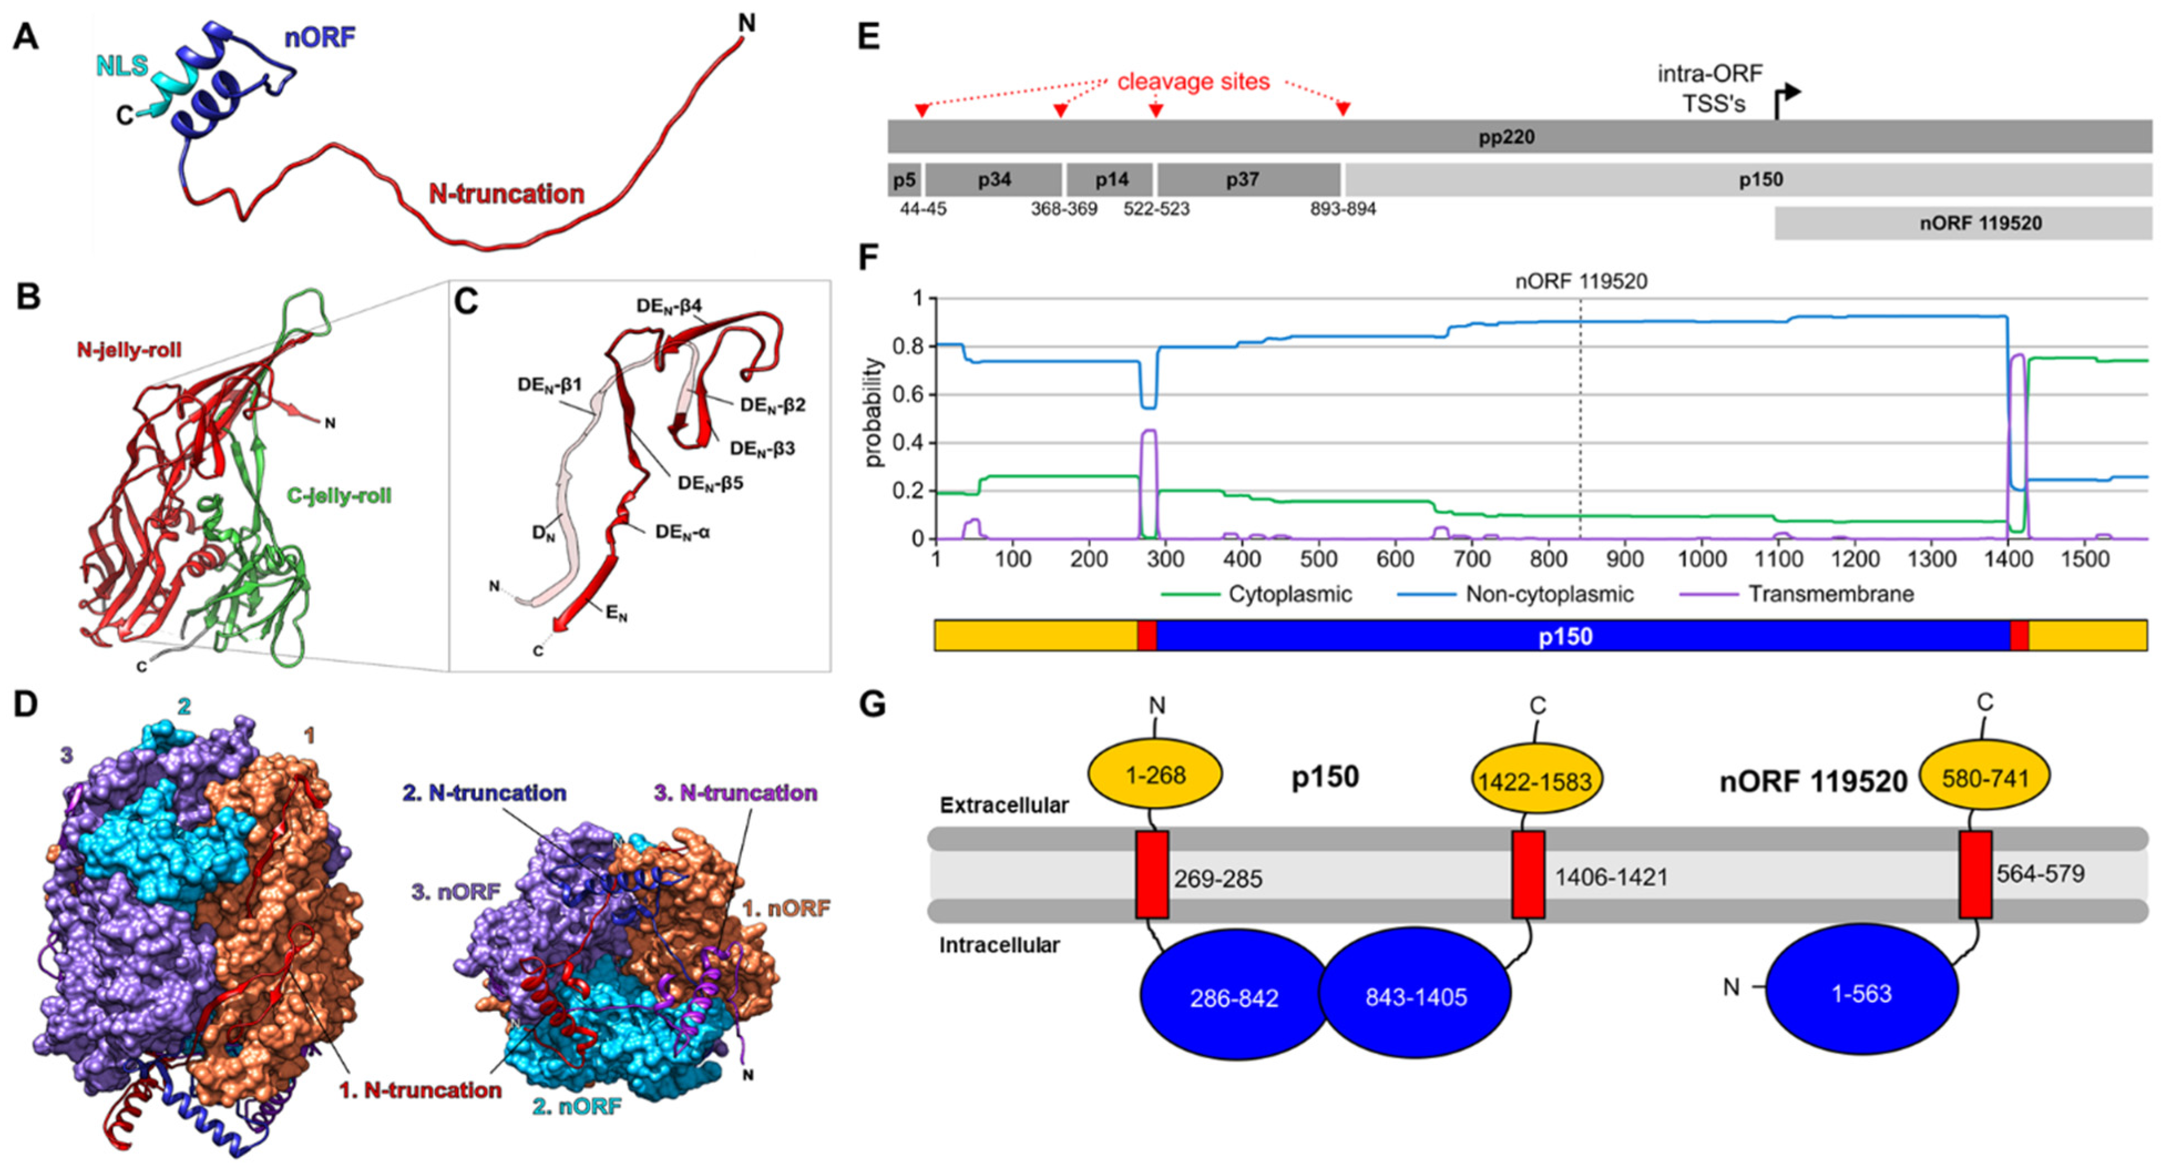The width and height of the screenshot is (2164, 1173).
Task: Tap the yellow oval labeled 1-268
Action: (x=1155, y=775)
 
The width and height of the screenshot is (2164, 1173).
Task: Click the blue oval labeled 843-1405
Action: (x=1416, y=997)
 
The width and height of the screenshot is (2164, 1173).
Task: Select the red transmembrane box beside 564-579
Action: (x=1975, y=874)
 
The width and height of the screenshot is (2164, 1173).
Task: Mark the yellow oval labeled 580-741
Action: (x=1985, y=778)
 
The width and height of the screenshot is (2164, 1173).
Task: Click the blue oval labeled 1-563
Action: (x=1861, y=993)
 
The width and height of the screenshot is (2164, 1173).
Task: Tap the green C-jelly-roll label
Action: (x=340, y=496)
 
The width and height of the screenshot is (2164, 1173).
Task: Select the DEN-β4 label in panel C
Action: (x=669, y=306)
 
